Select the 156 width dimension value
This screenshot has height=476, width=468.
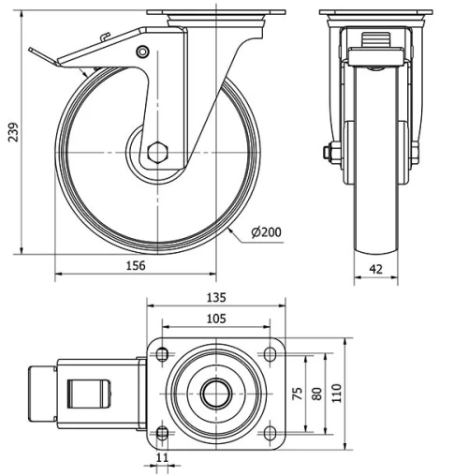click(x=135, y=266)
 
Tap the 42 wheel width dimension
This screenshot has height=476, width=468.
click(x=375, y=268)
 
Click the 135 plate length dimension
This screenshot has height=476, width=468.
click(x=215, y=299)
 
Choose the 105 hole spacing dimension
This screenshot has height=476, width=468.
click(x=215, y=320)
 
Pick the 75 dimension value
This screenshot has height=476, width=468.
click(x=299, y=394)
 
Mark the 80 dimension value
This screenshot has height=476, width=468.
click(x=317, y=394)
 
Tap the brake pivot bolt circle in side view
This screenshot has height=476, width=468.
click(x=142, y=51)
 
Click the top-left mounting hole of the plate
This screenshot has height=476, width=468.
click(x=162, y=355)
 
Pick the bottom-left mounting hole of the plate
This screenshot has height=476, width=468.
click(x=162, y=432)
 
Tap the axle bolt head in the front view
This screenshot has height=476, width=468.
click(x=329, y=152)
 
